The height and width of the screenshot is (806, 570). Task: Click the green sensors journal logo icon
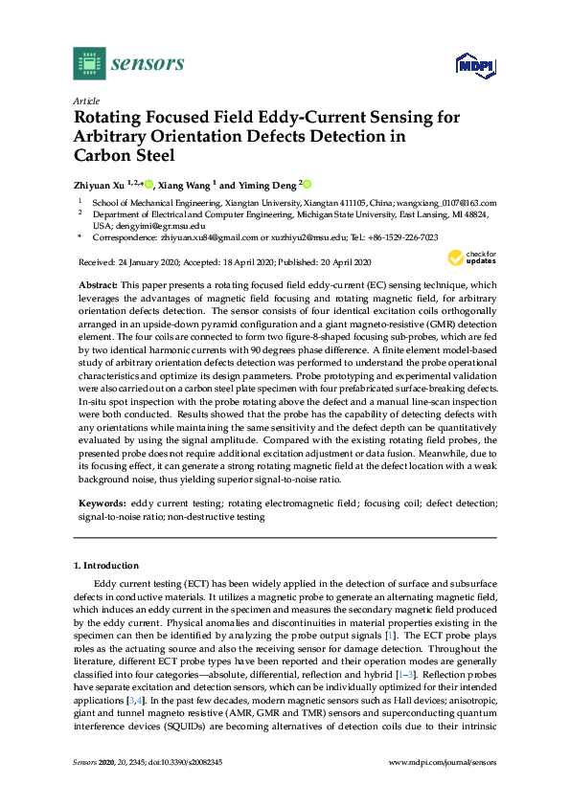89,64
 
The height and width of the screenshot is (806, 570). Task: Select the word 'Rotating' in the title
116,118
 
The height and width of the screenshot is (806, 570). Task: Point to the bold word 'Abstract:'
97,286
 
